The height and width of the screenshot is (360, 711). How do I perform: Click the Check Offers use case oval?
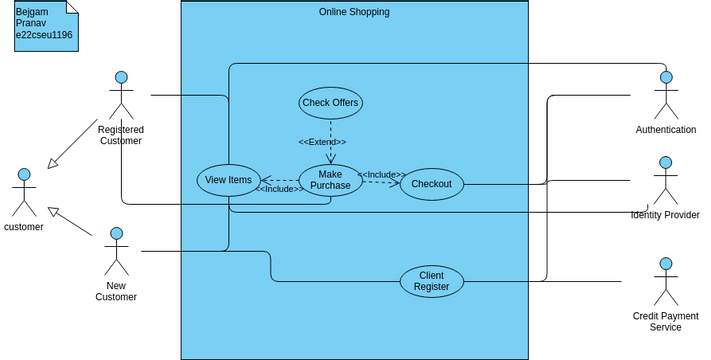330,102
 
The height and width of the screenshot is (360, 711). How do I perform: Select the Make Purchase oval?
330,180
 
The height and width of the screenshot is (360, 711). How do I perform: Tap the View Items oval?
228,180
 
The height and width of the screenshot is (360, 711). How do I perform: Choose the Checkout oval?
431,184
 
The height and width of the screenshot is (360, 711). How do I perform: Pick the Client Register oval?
431,281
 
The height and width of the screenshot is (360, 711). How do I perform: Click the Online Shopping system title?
354,12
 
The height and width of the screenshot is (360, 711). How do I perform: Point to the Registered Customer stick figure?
121,95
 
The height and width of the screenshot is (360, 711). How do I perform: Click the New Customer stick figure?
116,251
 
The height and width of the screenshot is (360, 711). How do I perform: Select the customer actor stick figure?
24,192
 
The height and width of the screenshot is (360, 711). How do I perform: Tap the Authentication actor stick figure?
666,95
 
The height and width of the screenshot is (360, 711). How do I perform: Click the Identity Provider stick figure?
665,180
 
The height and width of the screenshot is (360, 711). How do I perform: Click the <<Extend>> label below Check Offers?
322,142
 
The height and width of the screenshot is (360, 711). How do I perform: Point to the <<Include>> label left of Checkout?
381,175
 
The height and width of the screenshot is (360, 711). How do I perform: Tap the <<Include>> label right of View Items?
279,189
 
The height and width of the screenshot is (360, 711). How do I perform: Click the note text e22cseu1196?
43,35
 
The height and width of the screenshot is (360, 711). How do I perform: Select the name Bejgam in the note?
32,11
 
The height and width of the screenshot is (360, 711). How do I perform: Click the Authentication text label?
665,130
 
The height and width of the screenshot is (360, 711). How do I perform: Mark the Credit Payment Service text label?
665,322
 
